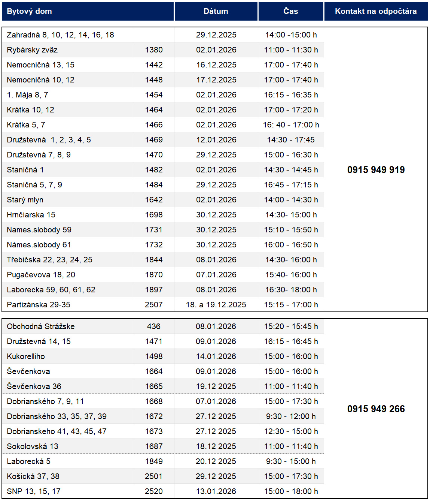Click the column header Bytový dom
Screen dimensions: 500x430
29,11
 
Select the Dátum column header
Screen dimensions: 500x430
216,11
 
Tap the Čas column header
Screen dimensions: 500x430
291,11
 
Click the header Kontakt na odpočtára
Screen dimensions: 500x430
376,11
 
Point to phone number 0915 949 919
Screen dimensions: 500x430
376,170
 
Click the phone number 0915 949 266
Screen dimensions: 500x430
376,409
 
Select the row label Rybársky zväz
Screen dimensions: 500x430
32,50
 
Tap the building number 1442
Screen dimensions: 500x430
154,65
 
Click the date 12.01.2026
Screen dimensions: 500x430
216,140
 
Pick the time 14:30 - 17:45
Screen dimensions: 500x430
291,140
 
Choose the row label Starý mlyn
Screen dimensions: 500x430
25,200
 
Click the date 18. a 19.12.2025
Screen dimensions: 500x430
216,305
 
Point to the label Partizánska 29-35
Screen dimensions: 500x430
39,305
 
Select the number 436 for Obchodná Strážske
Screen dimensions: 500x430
154,326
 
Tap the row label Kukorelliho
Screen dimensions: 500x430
26,356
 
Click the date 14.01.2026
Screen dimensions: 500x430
216,356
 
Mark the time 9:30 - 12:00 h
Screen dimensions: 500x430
291,416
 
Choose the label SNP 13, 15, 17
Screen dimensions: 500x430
34,491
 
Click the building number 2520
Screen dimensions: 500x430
154,491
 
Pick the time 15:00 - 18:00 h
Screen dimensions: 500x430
291,491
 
